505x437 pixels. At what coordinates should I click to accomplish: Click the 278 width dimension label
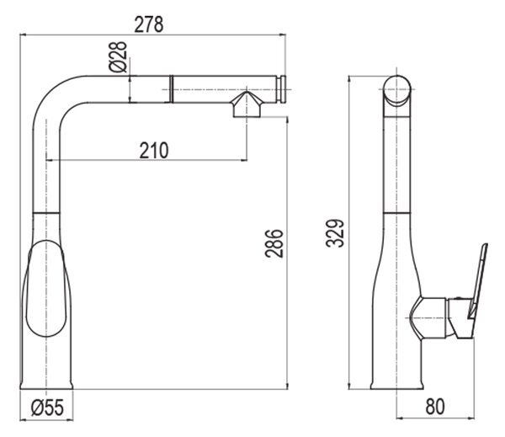149,24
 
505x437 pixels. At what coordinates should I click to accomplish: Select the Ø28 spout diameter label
118,57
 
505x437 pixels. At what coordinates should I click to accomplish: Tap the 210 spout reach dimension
154,150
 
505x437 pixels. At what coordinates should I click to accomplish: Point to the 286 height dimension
274,243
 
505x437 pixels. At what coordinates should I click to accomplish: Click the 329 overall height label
335,233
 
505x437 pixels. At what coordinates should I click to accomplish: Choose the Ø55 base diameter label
48,408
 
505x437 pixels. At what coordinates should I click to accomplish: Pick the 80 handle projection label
435,407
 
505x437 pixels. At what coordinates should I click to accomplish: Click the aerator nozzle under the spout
247,104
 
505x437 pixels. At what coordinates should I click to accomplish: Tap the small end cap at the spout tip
283,89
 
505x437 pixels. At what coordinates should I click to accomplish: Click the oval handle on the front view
46,288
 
